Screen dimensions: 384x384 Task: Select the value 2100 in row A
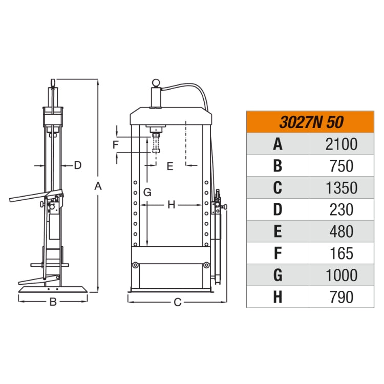click(341, 144)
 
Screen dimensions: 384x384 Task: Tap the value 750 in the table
click(341, 166)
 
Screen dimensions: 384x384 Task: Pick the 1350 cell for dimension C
click(341, 188)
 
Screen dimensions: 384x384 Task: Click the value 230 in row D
click(341, 209)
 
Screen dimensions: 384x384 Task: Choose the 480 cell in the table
click(341, 231)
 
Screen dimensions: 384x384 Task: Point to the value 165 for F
click(341, 253)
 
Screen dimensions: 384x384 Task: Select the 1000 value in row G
click(341, 275)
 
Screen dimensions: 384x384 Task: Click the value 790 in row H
click(341, 297)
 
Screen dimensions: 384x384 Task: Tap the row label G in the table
click(278, 275)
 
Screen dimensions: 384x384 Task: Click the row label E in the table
click(278, 231)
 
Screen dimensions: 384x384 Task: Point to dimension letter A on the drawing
click(98, 187)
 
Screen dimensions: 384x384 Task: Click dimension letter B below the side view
click(53, 302)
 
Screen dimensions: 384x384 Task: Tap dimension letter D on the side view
click(78, 165)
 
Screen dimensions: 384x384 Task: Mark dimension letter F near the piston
click(116, 144)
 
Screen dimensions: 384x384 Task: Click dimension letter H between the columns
click(172, 205)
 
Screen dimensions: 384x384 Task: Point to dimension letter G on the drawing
click(147, 193)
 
